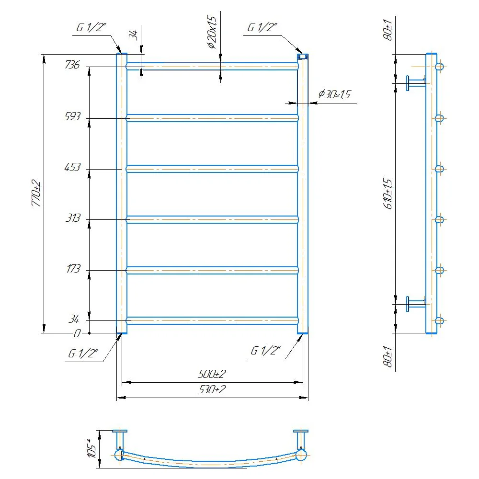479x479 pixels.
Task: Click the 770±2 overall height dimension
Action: pos(36,194)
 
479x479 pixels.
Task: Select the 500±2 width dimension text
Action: pos(212,374)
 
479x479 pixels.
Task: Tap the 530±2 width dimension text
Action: pos(212,389)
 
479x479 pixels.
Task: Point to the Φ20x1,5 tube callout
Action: pos(212,32)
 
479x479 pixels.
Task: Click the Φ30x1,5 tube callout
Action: pos(334,94)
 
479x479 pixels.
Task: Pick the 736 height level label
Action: pos(72,65)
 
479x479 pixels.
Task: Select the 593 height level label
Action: pos(72,116)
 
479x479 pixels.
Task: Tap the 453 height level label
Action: pos(72,167)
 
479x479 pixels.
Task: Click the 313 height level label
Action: pos(73,218)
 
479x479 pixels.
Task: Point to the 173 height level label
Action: pos(73,269)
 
